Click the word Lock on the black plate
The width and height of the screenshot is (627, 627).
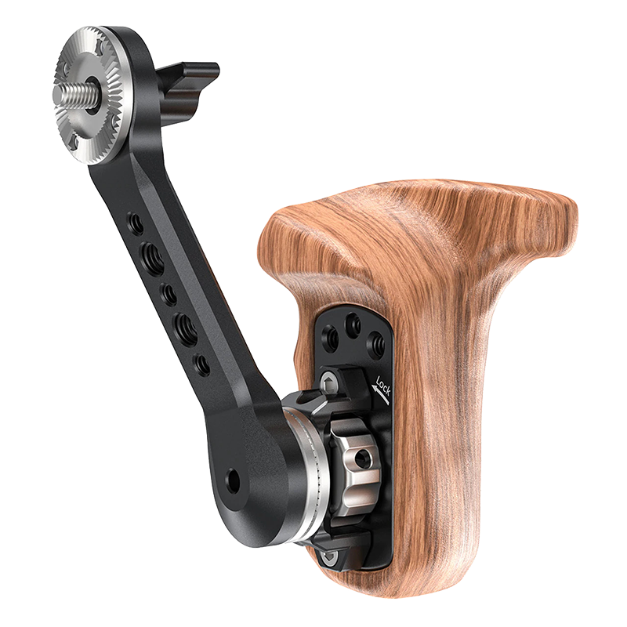click(382, 386)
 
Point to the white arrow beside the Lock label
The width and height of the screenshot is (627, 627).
click(380, 392)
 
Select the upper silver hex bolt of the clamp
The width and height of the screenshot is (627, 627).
click(329, 384)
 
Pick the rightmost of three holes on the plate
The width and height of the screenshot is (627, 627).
click(375, 341)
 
